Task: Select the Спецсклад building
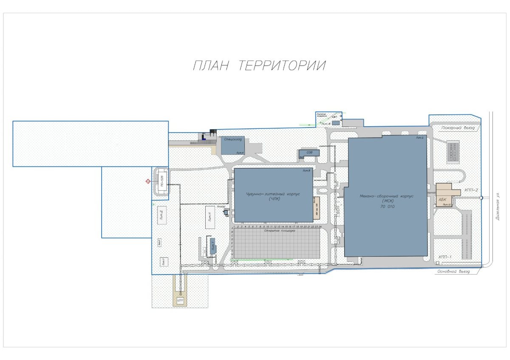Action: coord(232,145)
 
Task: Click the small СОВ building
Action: coord(309,153)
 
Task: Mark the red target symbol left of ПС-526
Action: coord(148,181)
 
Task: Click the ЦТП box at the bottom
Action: coord(180,300)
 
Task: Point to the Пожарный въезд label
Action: coord(456,127)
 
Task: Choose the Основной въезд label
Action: coord(453,272)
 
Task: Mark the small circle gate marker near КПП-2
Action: coord(481,198)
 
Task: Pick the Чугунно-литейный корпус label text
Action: coord(273,196)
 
